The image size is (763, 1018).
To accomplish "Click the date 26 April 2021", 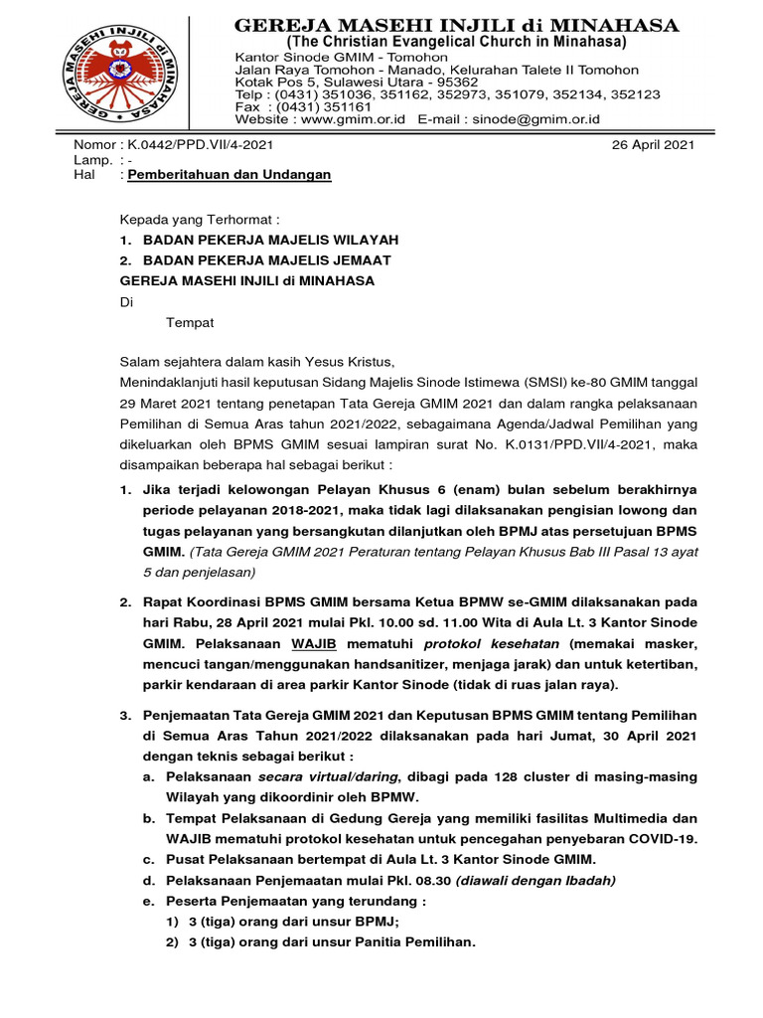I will click(x=652, y=144).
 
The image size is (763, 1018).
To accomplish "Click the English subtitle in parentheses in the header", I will click(x=456, y=43).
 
